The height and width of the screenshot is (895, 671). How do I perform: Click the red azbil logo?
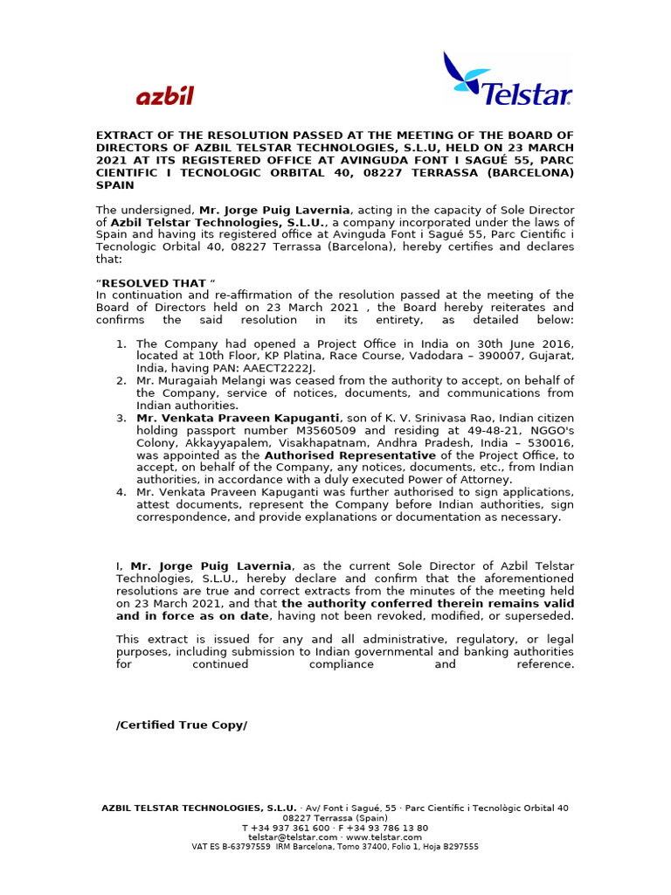click(164, 96)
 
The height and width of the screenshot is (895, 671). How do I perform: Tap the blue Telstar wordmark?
click(528, 94)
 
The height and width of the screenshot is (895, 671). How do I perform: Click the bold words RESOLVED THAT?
click(155, 283)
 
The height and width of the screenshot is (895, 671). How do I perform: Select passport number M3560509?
click(328, 431)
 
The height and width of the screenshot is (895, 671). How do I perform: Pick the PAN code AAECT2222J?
click(263, 369)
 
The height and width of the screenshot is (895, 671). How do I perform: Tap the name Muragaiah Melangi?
click(198, 381)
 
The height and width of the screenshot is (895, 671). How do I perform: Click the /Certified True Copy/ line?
click(182, 725)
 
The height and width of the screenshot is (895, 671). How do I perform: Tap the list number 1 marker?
click(121, 344)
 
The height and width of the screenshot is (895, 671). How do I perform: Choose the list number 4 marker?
click(121, 492)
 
